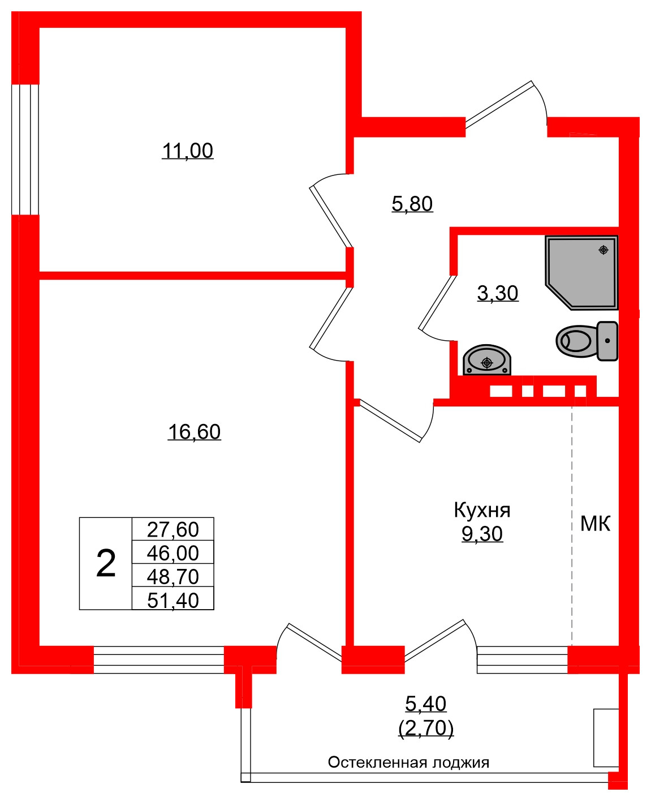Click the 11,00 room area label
point(187,151)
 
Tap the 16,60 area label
point(194,432)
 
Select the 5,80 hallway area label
point(412,203)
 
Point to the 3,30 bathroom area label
point(498,293)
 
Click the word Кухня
point(482,510)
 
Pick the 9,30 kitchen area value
point(482,534)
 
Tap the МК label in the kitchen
point(596,524)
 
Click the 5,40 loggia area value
point(426,704)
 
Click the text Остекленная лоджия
point(408,763)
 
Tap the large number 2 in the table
point(106,563)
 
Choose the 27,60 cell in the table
point(173,529)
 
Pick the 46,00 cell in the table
point(173,552)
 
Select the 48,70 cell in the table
point(173,576)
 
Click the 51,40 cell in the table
point(173,600)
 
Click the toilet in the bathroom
point(585,341)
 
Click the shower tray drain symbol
point(603,250)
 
